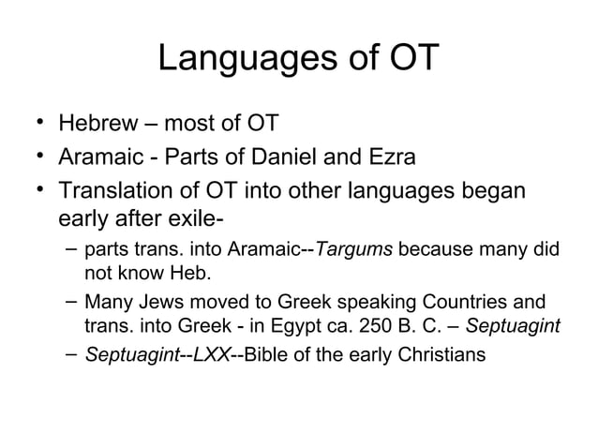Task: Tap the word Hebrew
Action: click(92, 124)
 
